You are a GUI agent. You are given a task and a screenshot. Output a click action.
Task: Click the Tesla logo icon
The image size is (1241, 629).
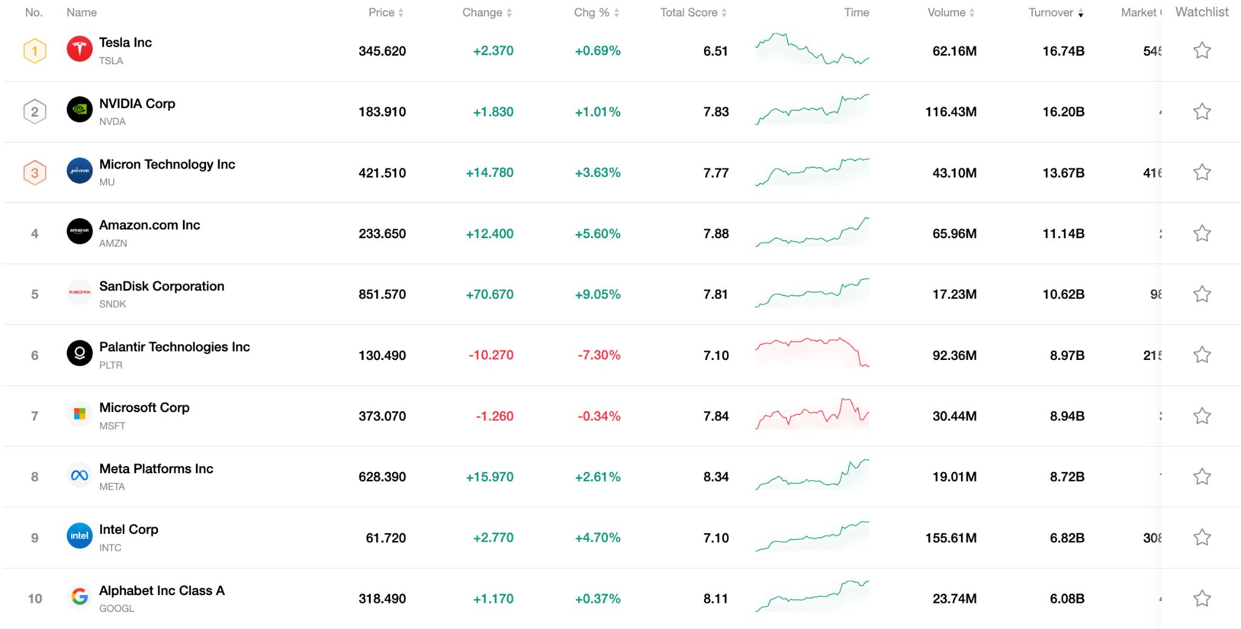pyautogui.click(x=79, y=50)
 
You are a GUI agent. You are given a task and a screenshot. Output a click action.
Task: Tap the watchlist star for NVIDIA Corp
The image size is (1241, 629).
pyautogui.click(x=1202, y=111)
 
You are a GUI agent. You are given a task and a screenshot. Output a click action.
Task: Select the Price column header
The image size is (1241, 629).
pyautogui.click(x=381, y=13)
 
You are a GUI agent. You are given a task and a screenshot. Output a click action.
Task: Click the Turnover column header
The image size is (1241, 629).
pyautogui.click(x=1051, y=13)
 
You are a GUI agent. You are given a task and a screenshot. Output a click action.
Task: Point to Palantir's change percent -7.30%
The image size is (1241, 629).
pyautogui.click(x=599, y=355)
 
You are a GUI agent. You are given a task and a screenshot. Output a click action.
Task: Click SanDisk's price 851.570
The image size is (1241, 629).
pyautogui.click(x=382, y=295)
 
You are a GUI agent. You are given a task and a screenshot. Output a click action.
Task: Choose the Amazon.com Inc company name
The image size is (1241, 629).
pyautogui.click(x=149, y=225)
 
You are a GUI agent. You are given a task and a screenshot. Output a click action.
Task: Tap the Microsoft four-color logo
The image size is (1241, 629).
pyautogui.click(x=79, y=414)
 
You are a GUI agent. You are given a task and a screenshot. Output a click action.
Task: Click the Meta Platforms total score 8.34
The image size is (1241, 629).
pyautogui.click(x=716, y=477)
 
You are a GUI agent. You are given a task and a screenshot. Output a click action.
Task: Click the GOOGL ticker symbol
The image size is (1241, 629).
pyautogui.click(x=116, y=608)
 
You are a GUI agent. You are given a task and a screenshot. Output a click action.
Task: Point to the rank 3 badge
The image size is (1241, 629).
pyautogui.click(x=35, y=173)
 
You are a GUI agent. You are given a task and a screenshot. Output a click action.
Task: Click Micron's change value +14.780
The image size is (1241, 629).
pyautogui.click(x=489, y=173)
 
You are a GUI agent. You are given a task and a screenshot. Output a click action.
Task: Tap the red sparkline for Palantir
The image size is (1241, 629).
pyautogui.click(x=812, y=353)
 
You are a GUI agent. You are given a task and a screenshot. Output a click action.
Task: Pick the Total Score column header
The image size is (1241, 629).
pyautogui.click(x=689, y=13)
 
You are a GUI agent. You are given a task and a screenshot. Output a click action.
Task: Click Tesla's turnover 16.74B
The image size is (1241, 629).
pyautogui.click(x=1063, y=52)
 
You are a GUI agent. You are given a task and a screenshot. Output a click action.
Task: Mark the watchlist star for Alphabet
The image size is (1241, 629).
pyautogui.click(x=1202, y=599)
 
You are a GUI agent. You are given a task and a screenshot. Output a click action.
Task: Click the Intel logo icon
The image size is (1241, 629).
pyautogui.click(x=79, y=536)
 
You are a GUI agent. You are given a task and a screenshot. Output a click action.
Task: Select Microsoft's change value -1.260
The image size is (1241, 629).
pyautogui.click(x=494, y=416)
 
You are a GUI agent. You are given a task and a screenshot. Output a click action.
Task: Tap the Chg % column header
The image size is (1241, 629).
pyautogui.click(x=591, y=13)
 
